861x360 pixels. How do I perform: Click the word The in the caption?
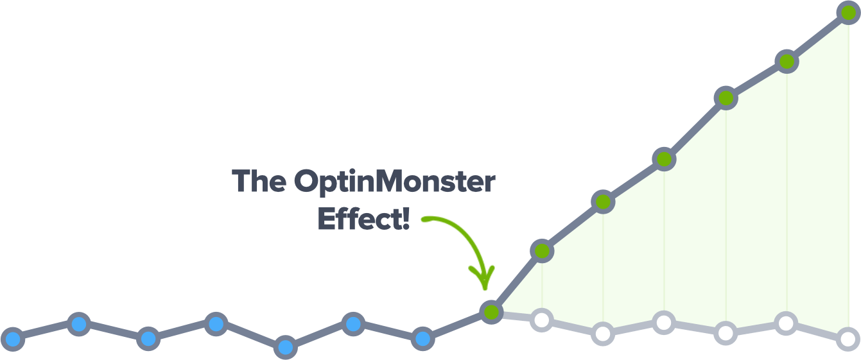(259, 180)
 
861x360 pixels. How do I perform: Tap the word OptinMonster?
(395, 182)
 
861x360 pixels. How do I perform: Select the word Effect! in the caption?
(363, 219)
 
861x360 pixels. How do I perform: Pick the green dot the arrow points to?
(491, 312)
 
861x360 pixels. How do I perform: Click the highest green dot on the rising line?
(849, 13)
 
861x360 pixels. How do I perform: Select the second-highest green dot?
(787, 62)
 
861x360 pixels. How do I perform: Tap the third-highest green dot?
(726, 98)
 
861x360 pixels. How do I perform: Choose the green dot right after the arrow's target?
(542, 252)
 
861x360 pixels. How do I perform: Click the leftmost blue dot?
(13, 339)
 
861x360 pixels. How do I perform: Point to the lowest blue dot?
(285, 348)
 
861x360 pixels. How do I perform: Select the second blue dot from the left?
(79, 324)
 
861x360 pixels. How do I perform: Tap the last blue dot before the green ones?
(423, 339)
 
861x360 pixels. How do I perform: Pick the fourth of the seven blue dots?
(216, 324)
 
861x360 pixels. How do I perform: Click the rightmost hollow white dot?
(848, 339)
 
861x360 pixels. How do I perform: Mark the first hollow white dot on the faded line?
(542, 320)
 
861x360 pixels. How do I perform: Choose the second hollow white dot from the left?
(603, 334)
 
